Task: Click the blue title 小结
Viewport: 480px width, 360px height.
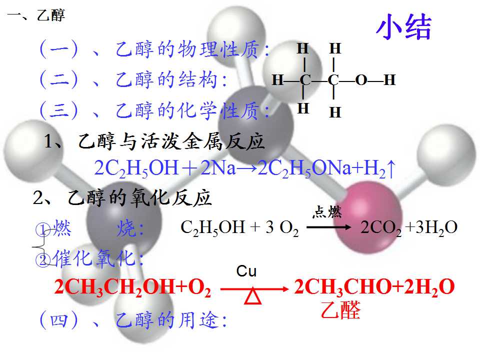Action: pyautogui.click(x=403, y=27)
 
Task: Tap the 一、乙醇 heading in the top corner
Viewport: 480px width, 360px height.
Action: pyautogui.click(x=36, y=15)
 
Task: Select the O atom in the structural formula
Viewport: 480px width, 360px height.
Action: pyautogui.click(x=361, y=80)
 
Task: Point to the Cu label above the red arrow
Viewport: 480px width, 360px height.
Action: pyautogui.click(x=246, y=271)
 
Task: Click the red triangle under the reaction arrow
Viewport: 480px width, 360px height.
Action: pyautogui.click(x=253, y=295)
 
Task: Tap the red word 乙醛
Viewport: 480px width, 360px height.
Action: pyautogui.click(x=340, y=310)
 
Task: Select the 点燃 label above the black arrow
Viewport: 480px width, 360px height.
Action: pyautogui.click(x=327, y=211)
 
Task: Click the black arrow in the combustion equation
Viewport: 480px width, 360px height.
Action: pyautogui.click(x=329, y=227)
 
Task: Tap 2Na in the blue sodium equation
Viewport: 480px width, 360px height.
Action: pyautogui.click(x=218, y=168)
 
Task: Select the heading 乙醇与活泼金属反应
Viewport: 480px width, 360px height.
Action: pyautogui.click(x=171, y=141)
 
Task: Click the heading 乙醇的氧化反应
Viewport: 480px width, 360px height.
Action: pyautogui.click(x=139, y=197)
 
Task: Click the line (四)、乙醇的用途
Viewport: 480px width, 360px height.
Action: pyautogui.click(x=133, y=320)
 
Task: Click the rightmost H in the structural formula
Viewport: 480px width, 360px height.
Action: pyautogui.click(x=389, y=80)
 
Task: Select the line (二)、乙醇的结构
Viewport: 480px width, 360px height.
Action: pyautogui.click(x=133, y=79)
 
